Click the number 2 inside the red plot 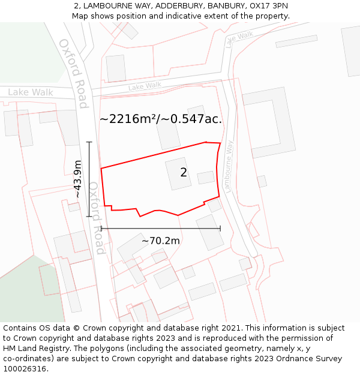[184, 173]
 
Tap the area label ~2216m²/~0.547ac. [161, 119]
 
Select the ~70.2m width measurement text [161, 241]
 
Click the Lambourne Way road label [228, 166]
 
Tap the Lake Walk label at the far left [31, 92]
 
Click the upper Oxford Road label [74, 73]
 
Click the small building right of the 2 [206, 178]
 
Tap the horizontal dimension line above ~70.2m [161, 228]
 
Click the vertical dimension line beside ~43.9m [89, 179]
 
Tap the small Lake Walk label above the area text [145, 86]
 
